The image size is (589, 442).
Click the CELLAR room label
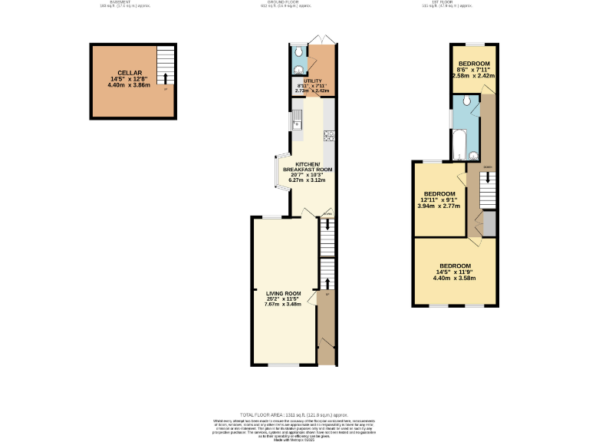point(130,73)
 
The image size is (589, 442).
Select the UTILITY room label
point(312,81)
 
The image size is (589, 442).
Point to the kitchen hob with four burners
point(328,137)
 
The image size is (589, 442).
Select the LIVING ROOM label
point(283,294)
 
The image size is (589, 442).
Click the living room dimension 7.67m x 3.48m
point(283,305)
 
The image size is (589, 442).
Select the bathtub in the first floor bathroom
point(457,147)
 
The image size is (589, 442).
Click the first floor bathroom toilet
point(467,101)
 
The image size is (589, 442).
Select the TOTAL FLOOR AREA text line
point(294,413)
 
